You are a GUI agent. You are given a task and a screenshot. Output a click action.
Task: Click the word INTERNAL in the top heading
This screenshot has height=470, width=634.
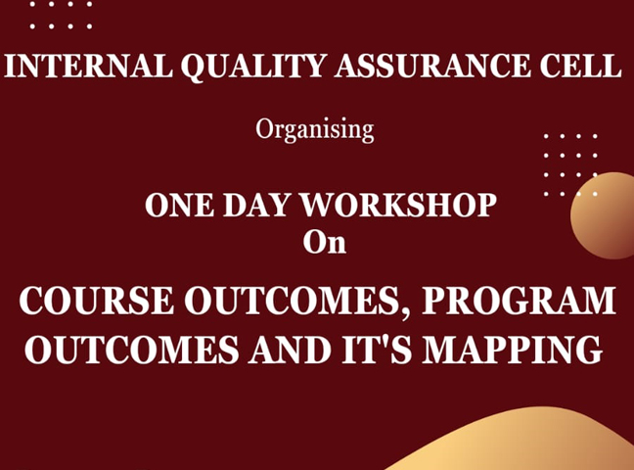(x=89, y=66)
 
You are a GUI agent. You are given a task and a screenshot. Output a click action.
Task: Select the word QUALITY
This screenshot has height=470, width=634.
(x=253, y=67)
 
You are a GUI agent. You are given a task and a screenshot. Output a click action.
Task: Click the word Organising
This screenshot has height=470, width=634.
(x=315, y=130)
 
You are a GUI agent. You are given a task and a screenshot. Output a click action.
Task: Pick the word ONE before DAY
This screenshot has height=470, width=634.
(x=179, y=205)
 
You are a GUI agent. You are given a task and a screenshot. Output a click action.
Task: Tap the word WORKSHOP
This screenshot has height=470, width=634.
(x=398, y=205)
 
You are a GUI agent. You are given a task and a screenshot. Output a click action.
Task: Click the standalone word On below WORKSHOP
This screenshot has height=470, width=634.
(x=324, y=243)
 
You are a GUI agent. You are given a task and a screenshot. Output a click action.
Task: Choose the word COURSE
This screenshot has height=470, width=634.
(x=97, y=301)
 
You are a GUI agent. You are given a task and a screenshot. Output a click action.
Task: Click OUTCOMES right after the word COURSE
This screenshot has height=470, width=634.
(x=292, y=301)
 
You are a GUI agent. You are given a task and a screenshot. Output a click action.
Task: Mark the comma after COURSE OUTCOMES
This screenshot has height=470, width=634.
(x=406, y=313)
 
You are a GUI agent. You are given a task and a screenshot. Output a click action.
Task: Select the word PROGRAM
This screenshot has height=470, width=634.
(x=519, y=301)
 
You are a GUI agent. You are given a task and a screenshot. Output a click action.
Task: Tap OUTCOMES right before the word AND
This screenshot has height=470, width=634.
(x=132, y=350)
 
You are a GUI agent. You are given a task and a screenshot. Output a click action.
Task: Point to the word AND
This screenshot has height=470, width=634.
(x=291, y=350)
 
